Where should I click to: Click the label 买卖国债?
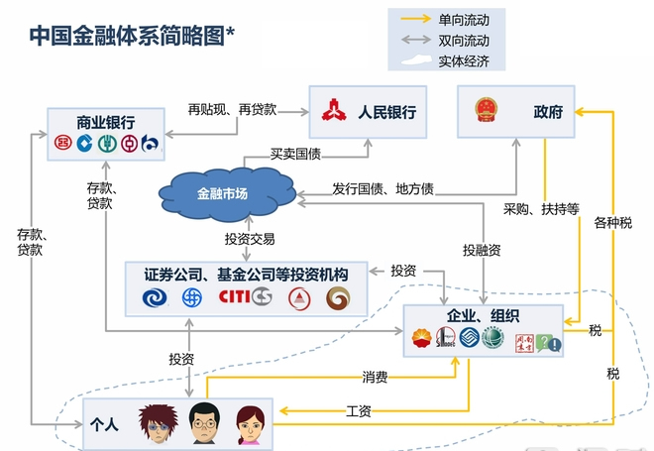coord(296,155)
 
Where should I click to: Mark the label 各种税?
coord(612,223)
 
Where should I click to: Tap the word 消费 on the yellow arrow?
coord(375,377)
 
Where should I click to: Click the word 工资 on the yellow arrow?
coord(359,410)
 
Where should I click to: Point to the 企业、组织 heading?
coord(484,316)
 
